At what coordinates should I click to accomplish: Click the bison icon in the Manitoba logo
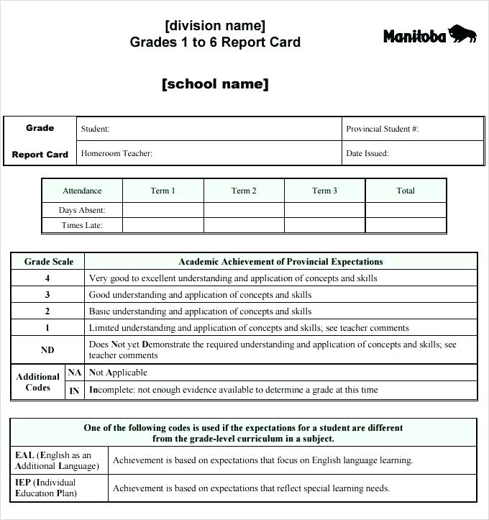[462, 33]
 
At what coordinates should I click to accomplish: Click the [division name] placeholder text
[215, 26]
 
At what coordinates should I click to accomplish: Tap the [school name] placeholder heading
[215, 84]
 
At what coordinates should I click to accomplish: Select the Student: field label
[95, 129]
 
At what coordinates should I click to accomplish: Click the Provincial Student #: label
[382, 129]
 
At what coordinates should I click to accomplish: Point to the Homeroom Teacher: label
[116, 153]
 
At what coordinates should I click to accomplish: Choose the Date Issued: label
[367, 153]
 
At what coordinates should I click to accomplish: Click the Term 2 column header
[244, 191]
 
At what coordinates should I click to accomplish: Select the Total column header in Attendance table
[406, 191]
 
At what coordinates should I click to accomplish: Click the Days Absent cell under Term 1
[163, 210]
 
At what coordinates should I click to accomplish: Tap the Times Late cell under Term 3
[324, 225]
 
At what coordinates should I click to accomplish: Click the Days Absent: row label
[82, 210]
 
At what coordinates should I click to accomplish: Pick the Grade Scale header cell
[48, 262]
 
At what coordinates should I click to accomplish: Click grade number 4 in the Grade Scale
[47, 278]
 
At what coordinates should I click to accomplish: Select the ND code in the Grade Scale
[47, 350]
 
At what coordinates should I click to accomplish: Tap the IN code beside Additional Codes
[75, 391]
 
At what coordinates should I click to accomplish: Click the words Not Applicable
[118, 373]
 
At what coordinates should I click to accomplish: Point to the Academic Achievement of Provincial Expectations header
[280, 262]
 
